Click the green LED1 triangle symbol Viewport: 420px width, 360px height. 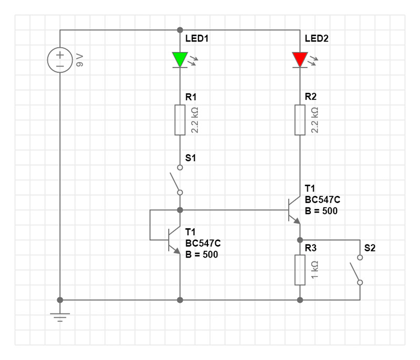pyautogui.click(x=180, y=59)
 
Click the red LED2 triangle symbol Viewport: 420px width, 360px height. pyautogui.click(x=300, y=59)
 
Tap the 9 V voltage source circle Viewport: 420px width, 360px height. pyautogui.click(x=60, y=60)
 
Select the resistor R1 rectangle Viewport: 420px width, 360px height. pyautogui.click(x=180, y=120)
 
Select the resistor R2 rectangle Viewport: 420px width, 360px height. pyautogui.click(x=300, y=120)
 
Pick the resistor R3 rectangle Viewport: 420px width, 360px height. pyautogui.click(x=300, y=270)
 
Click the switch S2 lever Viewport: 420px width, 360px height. pyautogui.click(x=355, y=270)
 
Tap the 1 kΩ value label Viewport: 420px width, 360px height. pyautogui.click(x=315, y=270)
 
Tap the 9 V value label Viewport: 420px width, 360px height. pyautogui.click(x=80, y=60)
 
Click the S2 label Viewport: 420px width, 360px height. pyautogui.click(x=370, y=248)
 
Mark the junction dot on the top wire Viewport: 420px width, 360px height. pyautogui.click(x=180, y=30)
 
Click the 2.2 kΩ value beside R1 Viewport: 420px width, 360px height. pyautogui.click(x=195, y=120)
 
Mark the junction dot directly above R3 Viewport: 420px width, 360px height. pyautogui.click(x=300, y=240)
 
